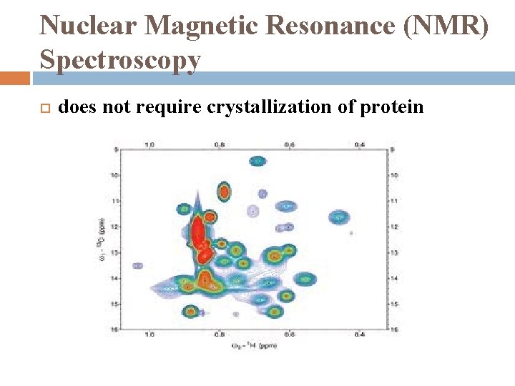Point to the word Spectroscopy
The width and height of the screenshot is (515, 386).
click(x=120, y=60)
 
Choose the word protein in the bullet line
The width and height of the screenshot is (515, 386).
click(x=392, y=107)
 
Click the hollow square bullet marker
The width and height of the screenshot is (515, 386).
click(x=43, y=109)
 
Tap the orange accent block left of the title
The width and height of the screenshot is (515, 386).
click(x=14, y=77)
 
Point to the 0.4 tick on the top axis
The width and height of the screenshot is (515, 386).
click(x=359, y=144)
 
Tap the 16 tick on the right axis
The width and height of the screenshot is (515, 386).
click(x=393, y=329)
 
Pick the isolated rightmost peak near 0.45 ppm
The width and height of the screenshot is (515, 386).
click(x=338, y=216)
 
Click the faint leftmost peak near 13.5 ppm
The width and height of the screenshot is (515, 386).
click(x=137, y=265)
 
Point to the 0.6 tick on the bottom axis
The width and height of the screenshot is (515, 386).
click(x=290, y=335)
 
